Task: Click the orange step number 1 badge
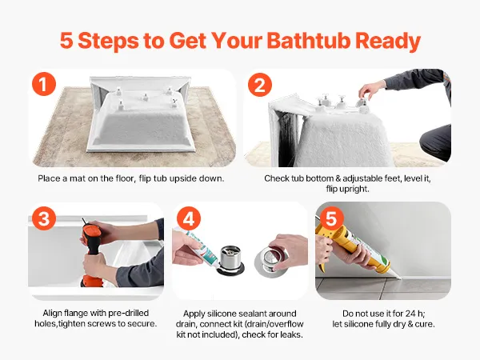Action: tap(44, 84)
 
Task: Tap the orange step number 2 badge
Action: tap(260, 85)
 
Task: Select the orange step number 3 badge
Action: tap(44, 218)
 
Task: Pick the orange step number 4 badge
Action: tap(189, 218)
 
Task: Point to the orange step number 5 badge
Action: tap(331, 218)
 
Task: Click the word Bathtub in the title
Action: tap(308, 41)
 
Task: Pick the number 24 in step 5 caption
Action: tap(411, 314)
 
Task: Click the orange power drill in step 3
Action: tap(91, 252)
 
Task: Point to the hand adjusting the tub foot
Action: tap(372, 89)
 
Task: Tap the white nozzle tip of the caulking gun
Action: tap(397, 277)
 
